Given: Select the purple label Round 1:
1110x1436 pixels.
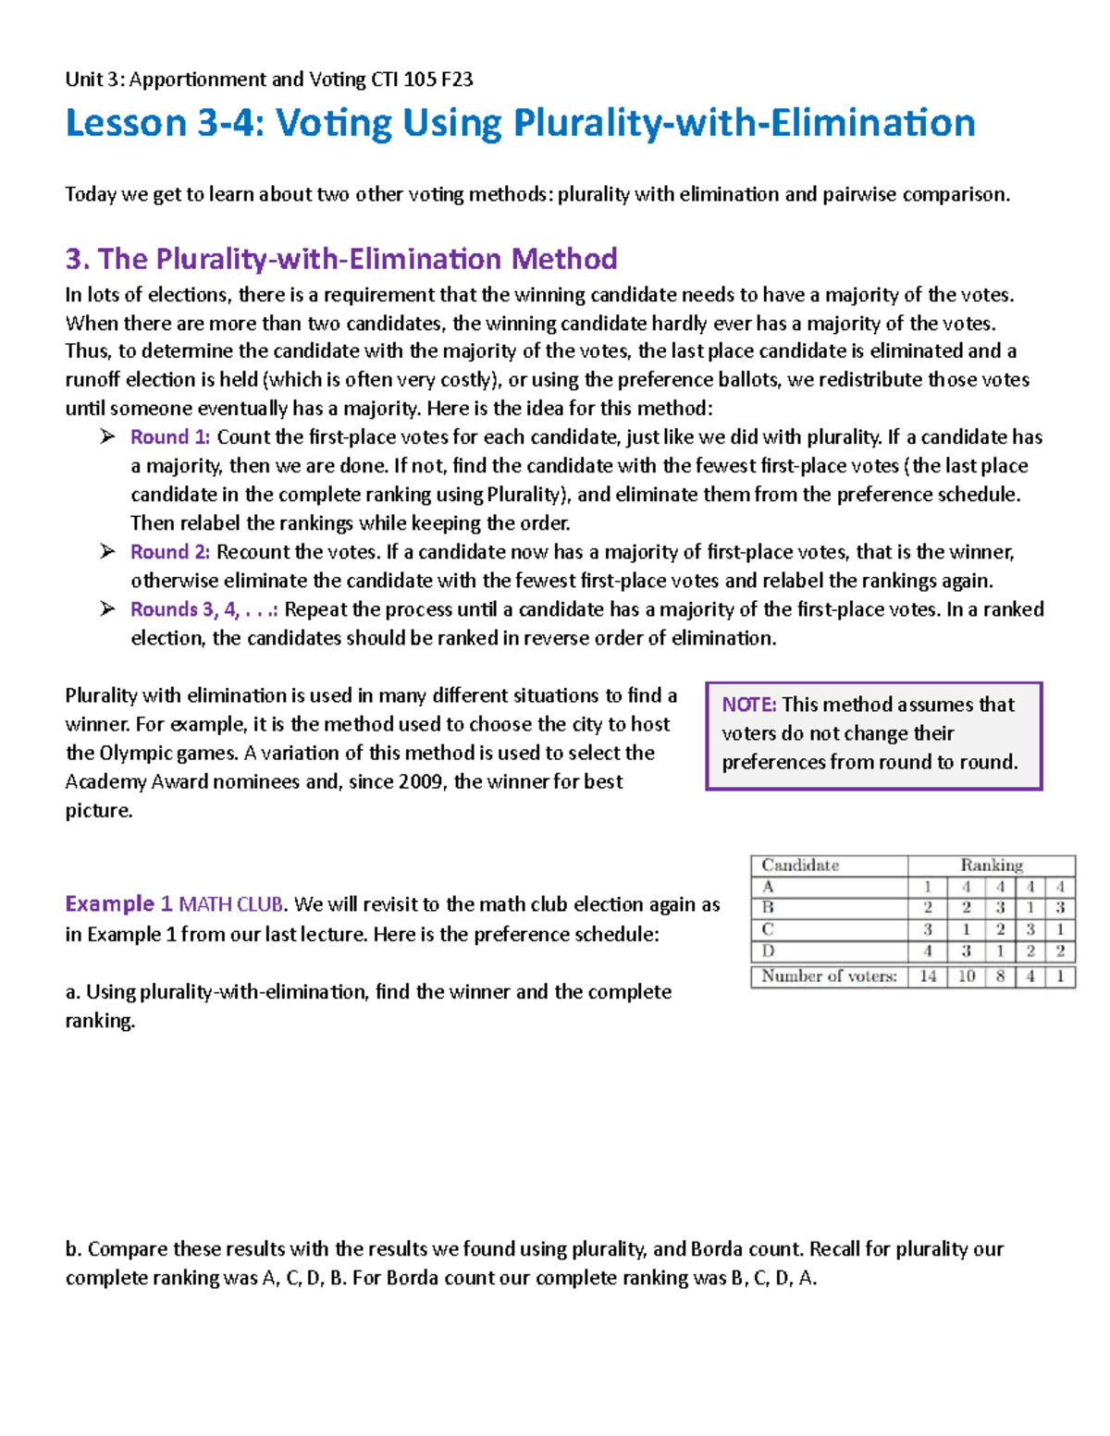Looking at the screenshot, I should [170, 437].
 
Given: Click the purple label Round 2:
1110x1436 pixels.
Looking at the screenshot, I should [170, 552].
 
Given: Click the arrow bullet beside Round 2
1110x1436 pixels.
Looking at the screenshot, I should [108, 552].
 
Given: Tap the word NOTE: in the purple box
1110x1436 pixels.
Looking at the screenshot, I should [749, 705].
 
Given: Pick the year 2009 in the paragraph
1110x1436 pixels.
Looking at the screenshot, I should [422, 781].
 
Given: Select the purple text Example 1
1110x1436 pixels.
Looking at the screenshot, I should [118, 903].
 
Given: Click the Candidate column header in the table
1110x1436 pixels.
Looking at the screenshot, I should [800, 865].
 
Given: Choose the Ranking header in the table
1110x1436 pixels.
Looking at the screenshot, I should [992, 865].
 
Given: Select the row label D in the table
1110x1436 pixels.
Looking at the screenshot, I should [768, 951].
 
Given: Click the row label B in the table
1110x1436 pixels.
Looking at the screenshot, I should [768, 907].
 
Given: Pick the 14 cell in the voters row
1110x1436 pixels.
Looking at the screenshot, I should [928, 976].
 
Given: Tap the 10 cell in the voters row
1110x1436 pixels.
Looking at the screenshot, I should [966, 976].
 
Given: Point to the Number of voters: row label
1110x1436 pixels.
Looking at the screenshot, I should [829, 976].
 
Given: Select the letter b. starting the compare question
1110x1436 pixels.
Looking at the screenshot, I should [74, 1249].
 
